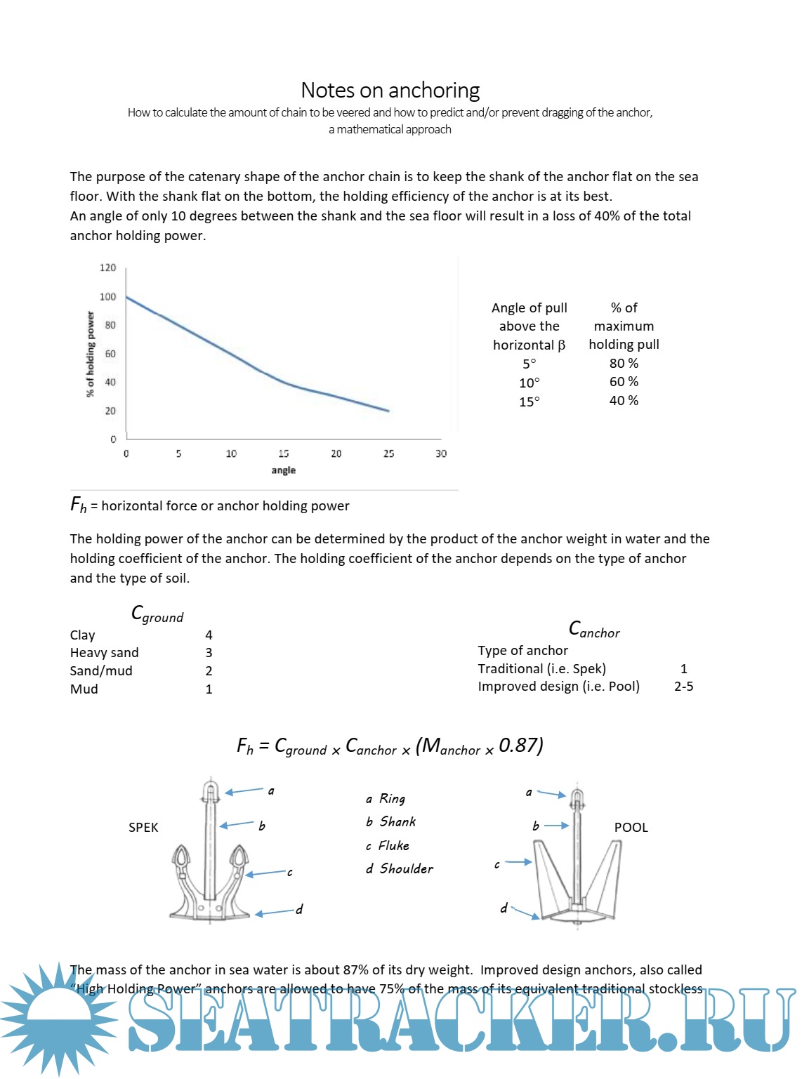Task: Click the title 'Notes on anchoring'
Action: tap(390, 91)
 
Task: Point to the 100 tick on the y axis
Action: tap(107, 297)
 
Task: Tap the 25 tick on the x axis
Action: tap(388, 454)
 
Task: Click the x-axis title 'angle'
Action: tap(283, 470)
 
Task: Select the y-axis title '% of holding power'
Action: tap(90, 355)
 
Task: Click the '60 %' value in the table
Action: tap(624, 382)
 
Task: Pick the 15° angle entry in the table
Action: tap(530, 402)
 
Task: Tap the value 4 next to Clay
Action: tap(209, 635)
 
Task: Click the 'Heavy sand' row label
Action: tap(104, 653)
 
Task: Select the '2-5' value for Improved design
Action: tap(683, 687)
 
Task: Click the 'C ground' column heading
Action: tap(157, 614)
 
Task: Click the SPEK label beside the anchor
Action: tap(143, 828)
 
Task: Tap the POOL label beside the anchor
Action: tap(631, 828)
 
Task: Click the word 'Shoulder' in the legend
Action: tap(407, 869)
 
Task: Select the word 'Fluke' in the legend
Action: tap(394, 846)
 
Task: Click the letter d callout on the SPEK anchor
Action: tap(299, 910)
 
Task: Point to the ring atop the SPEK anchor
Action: tap(211, 791)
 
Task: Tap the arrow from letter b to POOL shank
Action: tap(556, 826)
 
